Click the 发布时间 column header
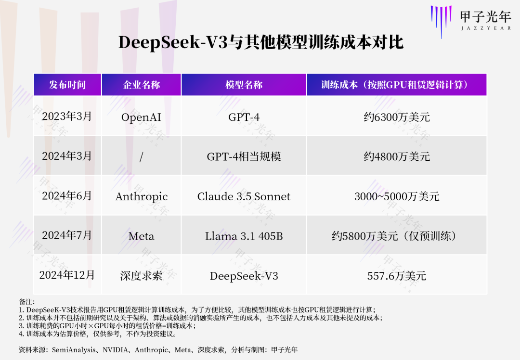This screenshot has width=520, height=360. (x=67, y=85)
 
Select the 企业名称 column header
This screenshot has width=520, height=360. (x=142, y=85)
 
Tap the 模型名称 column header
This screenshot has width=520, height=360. (x=244, y=85)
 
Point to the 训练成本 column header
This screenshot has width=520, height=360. (x=396, y=85)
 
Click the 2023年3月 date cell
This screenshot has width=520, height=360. (x=66, y=116)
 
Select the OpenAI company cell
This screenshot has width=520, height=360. (x=141, y=117)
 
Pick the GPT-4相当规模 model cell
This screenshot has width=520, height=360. (x=244, y=156)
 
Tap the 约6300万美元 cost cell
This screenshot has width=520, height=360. (x=397, y=117)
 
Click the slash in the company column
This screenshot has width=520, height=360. (x=141, y=157)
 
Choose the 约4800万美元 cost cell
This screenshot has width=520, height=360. (x=397, y=156)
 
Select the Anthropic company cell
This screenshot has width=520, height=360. (x=142, y=196)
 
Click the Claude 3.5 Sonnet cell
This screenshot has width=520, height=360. (x=244, y=196)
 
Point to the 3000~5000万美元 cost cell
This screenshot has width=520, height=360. (x=397, y=196)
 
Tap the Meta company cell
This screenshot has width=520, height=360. (x=141, y=236)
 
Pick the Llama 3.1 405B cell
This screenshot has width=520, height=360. (x=244, y=236)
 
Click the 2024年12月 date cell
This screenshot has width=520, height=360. (x=66, y=275)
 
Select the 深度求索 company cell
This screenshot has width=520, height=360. (x=141, y=276)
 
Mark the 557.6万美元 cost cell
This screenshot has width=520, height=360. (x=397, y=276)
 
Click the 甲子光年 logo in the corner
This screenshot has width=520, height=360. (x=471, y=21)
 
